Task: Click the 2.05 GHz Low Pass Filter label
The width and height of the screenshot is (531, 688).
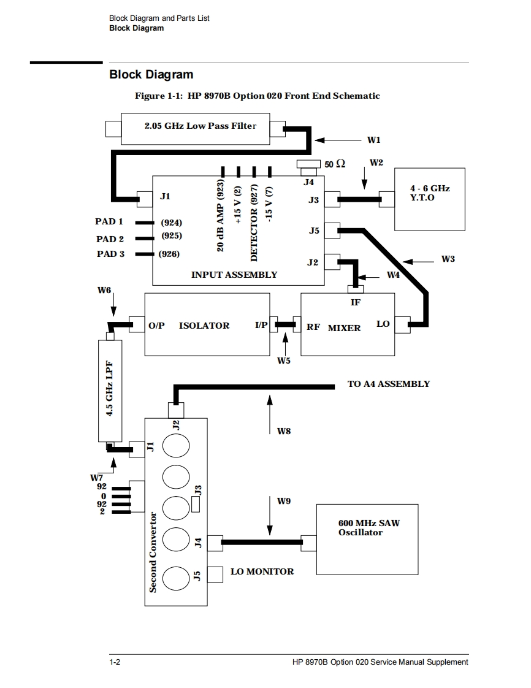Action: pos(201,126)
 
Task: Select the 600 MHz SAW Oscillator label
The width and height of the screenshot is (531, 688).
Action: pos(369,528)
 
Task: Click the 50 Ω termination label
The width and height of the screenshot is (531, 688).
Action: pos(335,164)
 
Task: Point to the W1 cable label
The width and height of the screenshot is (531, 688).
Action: pos(374,140)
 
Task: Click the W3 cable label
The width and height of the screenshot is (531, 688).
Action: pos(448,259)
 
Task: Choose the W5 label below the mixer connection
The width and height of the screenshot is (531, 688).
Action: pos(284,361)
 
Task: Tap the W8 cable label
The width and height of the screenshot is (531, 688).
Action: pos(284,431)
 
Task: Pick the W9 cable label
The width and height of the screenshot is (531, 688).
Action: pos(284,501)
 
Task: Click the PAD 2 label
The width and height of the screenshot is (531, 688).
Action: pos(110,239)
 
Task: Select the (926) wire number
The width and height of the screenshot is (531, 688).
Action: pos(169,254)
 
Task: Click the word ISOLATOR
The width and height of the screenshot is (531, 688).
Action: pos(204,326)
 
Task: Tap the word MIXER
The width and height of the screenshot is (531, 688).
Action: pos(344,328)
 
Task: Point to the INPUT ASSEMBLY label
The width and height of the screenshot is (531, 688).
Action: pos(234,275)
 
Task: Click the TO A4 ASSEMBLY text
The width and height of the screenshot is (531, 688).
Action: pos(389,384)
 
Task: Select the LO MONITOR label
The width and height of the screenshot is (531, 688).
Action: pos(262,571)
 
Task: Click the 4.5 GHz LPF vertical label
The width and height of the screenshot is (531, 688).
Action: pos(110,389)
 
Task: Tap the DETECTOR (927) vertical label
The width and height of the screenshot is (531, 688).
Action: pos(254,223)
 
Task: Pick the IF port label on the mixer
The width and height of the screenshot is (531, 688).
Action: pos(356,302)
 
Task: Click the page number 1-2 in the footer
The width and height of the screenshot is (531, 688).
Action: pos(115,662)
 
